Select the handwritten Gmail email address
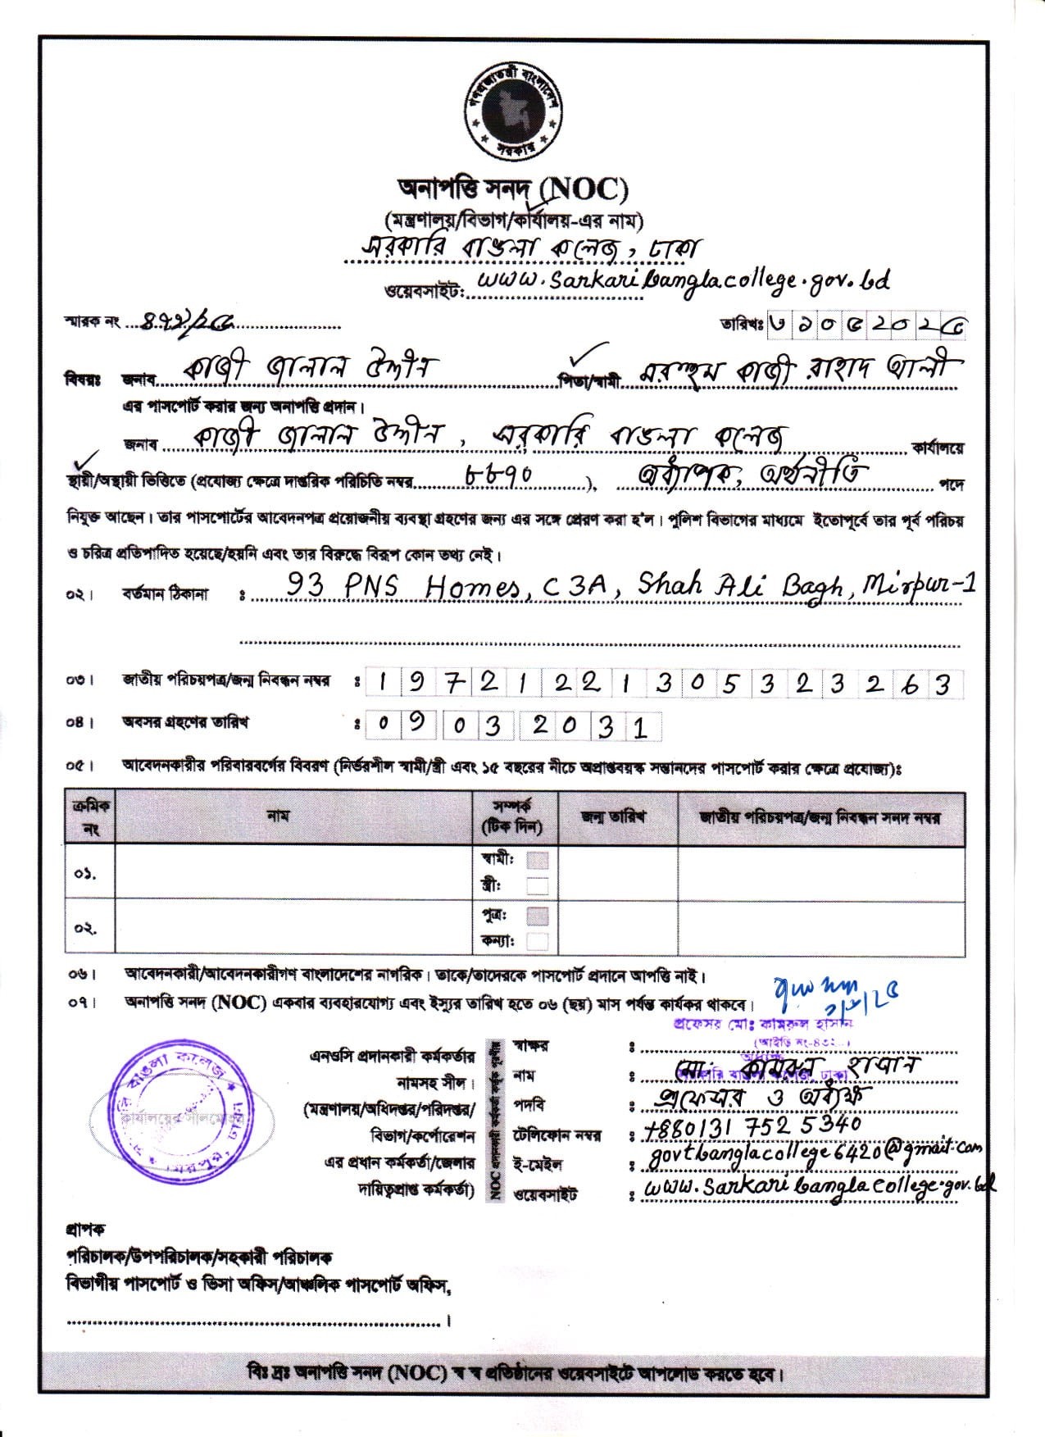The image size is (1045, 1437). click(x=813, y=1153)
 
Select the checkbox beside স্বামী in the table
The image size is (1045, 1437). click(x=538, y=861)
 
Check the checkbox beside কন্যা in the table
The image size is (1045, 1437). click(x=538, y=941)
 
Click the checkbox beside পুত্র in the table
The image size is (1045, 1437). click(x=538, y=915)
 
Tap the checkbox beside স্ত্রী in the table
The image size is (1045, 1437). click(x=538, y=885)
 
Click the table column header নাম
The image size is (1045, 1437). click(x=279, y=816)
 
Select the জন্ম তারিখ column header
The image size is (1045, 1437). click(x=612, y=817)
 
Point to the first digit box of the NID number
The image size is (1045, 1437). click(x=382, y=684)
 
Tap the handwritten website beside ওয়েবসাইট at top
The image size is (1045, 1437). click(x=682, y=280)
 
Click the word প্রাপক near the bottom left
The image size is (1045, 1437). click(x=84, y=1230)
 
